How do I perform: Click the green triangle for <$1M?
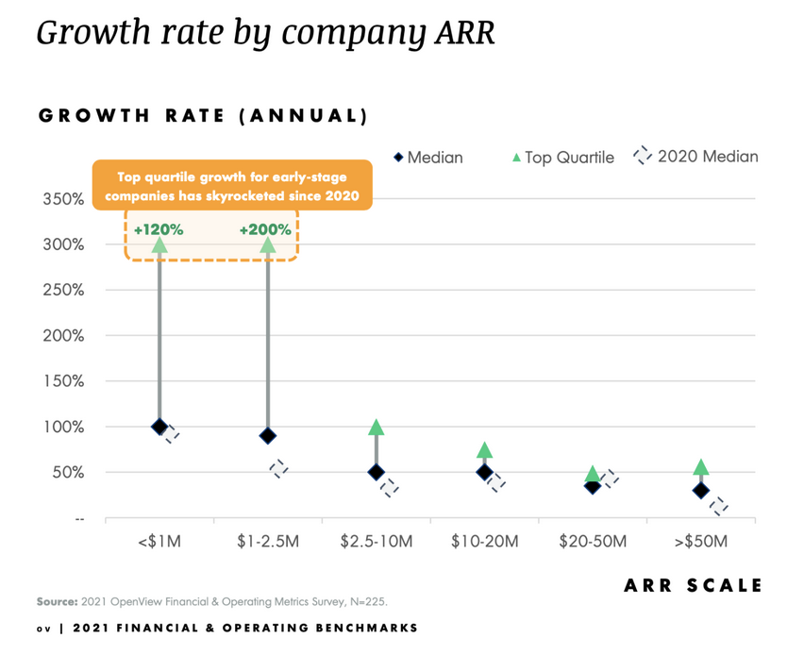(x=159, y=244)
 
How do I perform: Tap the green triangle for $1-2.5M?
(x=268, y=244)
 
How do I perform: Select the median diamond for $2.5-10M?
(x=377, y=472)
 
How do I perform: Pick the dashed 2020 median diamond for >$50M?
(x=720, y=507)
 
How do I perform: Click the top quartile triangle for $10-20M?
(x=485, y=450)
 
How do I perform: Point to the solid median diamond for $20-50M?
(x=593, y=486)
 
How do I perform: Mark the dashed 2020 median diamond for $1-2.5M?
(x=279, y=468)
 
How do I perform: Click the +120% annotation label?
(x=159, y=229)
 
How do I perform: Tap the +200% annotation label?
(x=265, y=229)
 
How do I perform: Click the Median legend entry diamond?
(x=398, y=158)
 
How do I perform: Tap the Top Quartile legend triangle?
(x=515, y=158)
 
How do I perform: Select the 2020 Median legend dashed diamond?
(x=643, y=157)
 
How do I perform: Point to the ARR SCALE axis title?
(x=693, y=586)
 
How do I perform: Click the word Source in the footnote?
(x=58, y=601)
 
